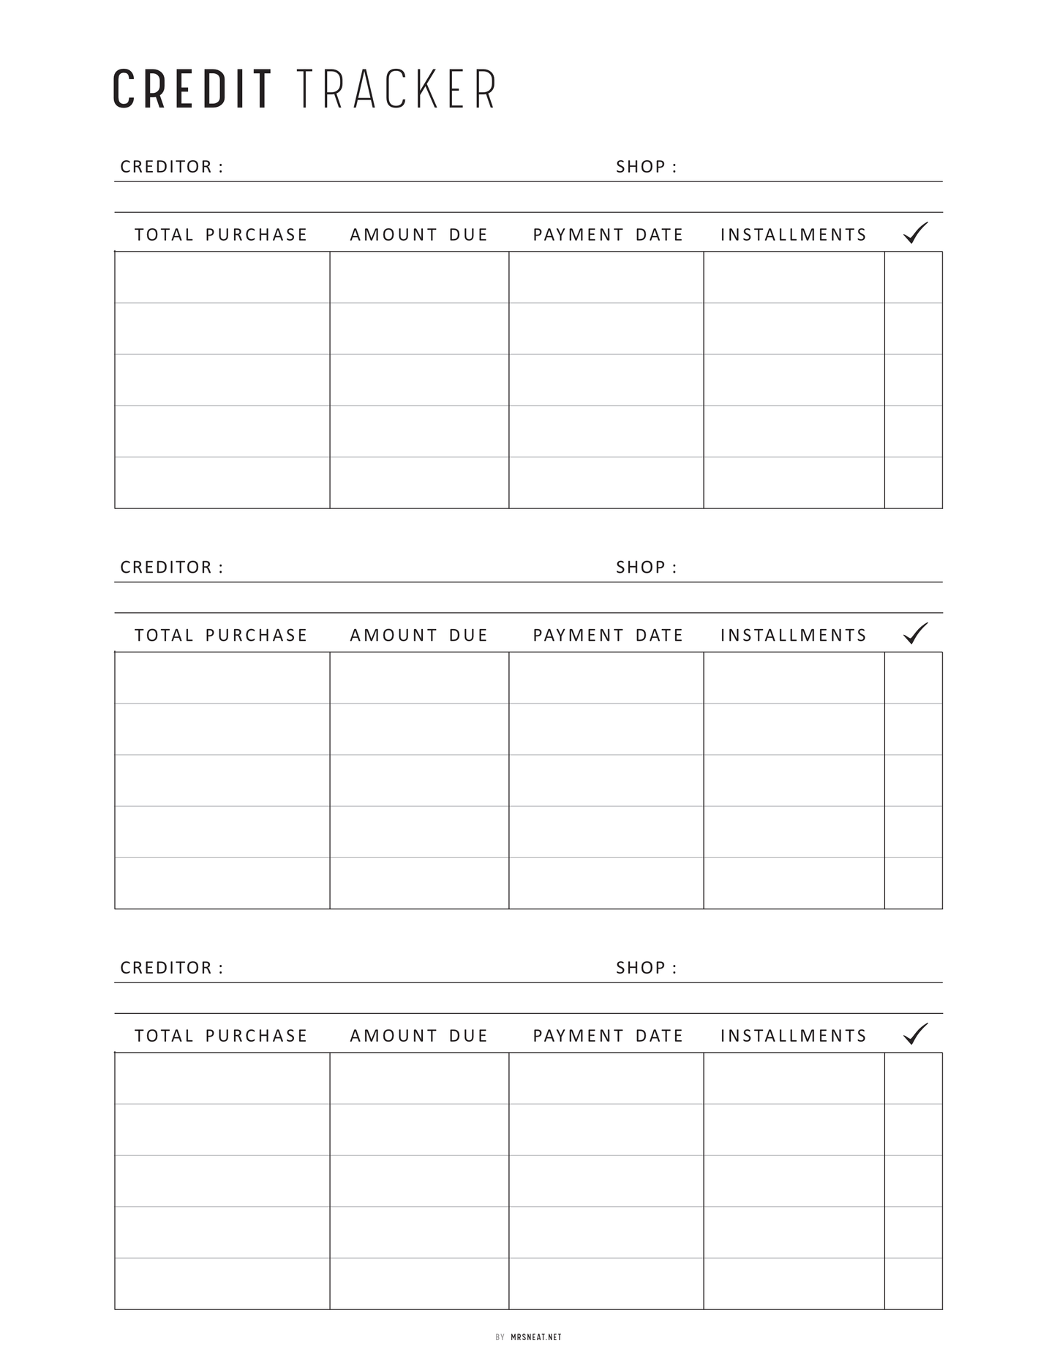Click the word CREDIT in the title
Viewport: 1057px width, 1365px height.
click(x=192, y=90)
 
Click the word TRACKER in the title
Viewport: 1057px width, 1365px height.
click(x=397, y=90)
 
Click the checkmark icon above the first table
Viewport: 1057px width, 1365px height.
click(x=915, y=233)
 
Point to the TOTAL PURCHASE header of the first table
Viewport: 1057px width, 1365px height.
click(x=221, y=235)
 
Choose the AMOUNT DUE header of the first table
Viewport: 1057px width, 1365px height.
click(x=418, y=235)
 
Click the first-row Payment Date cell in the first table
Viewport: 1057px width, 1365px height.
click(x=606, y=277)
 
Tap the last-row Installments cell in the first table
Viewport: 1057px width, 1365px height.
click(x=794, y=483)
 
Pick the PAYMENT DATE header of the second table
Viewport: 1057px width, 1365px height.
click(x=607, y=636)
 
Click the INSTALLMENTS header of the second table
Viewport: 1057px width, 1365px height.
click(x=793, y=636)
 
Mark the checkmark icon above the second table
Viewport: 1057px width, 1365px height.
click(x=915, y=633)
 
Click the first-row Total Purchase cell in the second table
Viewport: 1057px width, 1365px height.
click(x=222, y=678)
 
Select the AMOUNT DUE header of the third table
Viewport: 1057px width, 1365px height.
click(x=418, y=1036)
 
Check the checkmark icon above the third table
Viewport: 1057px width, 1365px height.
click(x=915, y=1034)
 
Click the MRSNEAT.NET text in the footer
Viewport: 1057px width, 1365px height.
click(x=536, y=1337)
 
